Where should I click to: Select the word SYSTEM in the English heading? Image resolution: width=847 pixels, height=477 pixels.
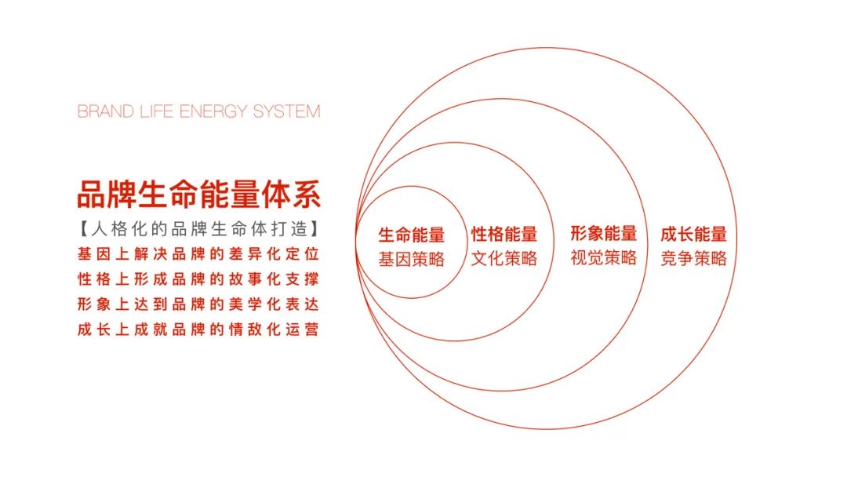(287, 111)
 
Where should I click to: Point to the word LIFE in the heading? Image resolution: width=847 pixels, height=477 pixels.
(157, 111)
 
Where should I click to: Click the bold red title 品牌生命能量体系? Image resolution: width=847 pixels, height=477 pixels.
(198, 195)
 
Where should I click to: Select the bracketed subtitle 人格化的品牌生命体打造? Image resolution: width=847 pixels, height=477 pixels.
(198, 229)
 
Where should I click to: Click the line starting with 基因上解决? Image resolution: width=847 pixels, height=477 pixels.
(198, 254)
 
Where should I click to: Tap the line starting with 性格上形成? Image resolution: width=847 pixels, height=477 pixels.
(198, 279)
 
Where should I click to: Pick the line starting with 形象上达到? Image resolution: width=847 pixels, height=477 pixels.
(198, 304)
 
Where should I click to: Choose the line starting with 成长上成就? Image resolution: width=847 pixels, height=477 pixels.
(198, 329)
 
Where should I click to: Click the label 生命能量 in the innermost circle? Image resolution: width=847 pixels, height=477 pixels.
(412, 235)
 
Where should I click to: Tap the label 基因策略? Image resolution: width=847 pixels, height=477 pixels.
(412, 260)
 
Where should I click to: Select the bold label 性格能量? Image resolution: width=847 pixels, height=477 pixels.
(504, 234)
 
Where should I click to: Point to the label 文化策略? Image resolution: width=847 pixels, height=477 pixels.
(504, 258)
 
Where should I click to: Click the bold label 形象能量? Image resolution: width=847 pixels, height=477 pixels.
(604, 233)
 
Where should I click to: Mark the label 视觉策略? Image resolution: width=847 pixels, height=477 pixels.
(604, 257)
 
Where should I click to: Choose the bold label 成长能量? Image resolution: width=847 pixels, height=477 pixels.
(693, 234)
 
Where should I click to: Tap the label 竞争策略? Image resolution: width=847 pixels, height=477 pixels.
(693, 258)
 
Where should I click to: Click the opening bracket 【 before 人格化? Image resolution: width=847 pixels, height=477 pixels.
(84, 229)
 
